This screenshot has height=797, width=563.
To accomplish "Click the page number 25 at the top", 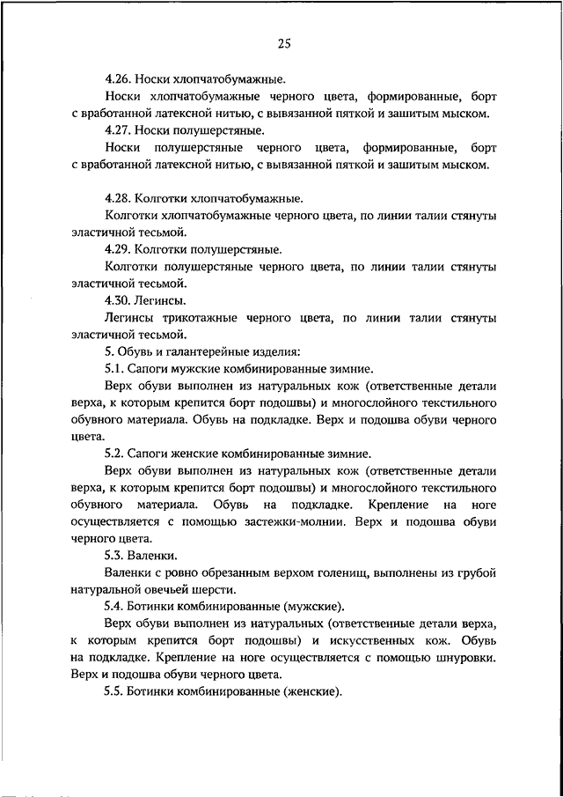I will (283, 45).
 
